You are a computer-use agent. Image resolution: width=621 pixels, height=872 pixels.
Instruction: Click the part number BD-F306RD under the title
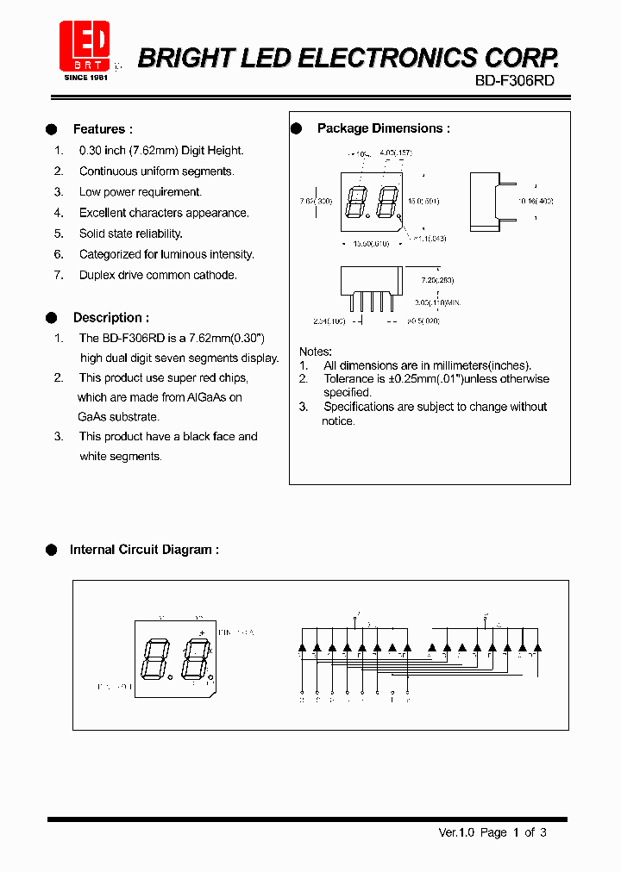514,80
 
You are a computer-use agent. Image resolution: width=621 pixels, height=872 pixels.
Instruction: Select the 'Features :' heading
103,129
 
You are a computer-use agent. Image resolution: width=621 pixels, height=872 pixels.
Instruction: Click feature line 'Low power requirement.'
140,192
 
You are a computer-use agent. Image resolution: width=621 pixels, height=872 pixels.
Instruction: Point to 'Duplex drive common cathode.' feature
158,275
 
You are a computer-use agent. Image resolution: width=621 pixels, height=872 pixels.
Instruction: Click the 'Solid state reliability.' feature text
130,234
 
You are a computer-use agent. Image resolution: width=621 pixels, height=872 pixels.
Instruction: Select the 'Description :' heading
110,318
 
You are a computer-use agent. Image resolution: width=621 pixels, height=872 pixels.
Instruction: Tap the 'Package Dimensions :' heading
383,128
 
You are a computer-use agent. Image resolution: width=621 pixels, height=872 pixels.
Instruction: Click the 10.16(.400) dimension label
535,201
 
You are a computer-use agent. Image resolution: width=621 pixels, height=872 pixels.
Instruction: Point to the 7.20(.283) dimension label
436,280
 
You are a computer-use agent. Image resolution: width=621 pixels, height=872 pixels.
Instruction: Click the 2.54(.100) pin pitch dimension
329,321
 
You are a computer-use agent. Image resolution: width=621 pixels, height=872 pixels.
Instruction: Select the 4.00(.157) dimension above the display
395,153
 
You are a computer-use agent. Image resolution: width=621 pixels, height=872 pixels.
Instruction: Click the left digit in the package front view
354,203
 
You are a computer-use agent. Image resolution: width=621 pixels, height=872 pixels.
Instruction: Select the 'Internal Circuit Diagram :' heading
143,550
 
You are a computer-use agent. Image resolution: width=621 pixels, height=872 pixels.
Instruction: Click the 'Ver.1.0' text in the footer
455,832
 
